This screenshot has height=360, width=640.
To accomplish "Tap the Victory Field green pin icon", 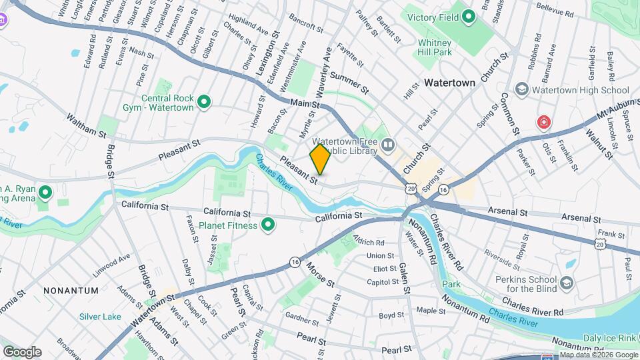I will point(469,16).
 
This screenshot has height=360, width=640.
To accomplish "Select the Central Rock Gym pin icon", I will point(204,102).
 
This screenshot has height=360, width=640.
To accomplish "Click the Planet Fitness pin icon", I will point(268,225).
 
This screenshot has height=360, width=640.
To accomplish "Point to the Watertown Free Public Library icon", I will point(388,143).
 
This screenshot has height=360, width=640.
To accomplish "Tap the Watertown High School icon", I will point(522,90).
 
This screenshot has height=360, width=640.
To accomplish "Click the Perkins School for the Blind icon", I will point(567,283).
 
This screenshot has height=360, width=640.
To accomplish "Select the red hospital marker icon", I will point(545,123).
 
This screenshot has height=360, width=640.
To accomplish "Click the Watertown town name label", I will point(449,83).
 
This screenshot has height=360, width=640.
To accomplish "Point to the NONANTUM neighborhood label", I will point(71,291).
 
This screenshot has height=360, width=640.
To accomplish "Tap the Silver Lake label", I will point(100,317).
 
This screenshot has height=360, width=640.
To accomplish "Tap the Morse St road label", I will point(320,274).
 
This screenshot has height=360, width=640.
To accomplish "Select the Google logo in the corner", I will point(22,352).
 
